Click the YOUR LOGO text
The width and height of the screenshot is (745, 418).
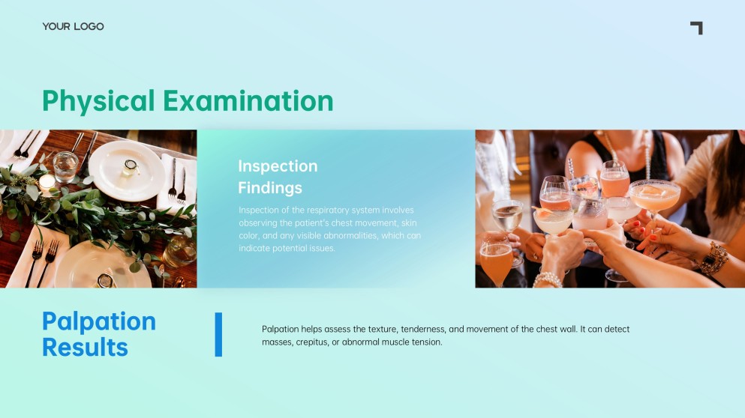coord(74,26)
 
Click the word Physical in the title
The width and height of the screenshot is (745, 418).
coord(98,101)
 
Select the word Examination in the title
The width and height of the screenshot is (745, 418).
coord(248,101)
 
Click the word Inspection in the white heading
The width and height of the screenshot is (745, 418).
coord(278,166)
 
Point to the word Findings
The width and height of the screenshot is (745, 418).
coord(270,188)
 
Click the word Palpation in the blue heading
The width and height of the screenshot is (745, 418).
coord(99,321)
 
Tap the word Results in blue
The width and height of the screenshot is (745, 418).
coord(85,348)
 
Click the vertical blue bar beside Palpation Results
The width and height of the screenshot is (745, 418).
coord(218,335)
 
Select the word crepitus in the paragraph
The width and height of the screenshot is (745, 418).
coord(311,342)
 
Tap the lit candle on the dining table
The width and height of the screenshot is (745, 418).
coord(47,183)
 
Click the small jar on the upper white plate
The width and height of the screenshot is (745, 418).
coord(131,167)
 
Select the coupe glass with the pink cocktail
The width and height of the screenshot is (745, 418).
coord(654,198)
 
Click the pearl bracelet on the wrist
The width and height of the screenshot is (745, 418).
coord(548,280)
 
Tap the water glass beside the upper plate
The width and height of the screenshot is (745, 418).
coord(65,166)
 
